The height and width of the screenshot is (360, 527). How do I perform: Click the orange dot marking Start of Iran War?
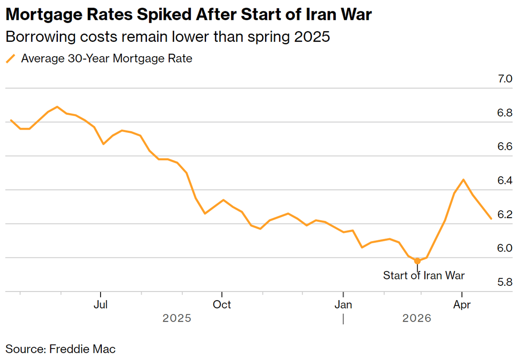(417, 261)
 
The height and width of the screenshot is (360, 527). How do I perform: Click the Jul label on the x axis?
(101, 304)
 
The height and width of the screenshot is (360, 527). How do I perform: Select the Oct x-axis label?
(222, 304)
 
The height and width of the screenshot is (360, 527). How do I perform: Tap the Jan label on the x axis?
(343, 304)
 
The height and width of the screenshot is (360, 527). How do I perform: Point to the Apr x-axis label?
(462, 304)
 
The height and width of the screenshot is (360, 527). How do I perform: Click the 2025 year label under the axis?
(177, 318)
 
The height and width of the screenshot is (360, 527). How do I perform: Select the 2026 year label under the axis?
(417, 318)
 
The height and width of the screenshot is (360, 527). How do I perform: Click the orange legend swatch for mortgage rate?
(11, 59)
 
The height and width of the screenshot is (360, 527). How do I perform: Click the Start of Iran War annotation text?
(424, 276)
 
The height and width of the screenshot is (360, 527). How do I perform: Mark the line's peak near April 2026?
(464, 180)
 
